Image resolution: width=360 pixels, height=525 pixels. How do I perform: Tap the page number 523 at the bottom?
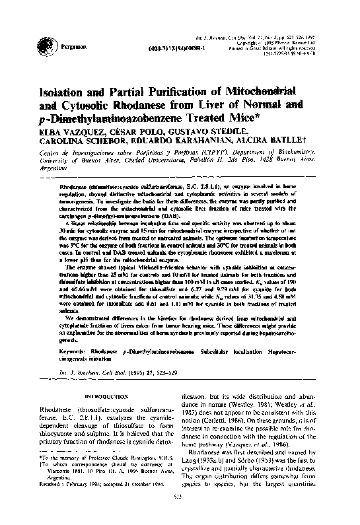180,514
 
